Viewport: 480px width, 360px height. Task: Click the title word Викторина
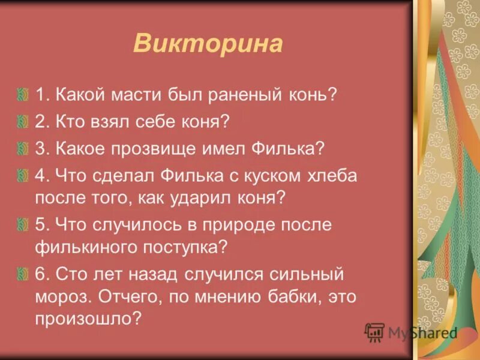point(208,45)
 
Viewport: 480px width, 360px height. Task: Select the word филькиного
point(94,247)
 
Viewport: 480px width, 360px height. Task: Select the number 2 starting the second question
point(40,122)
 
